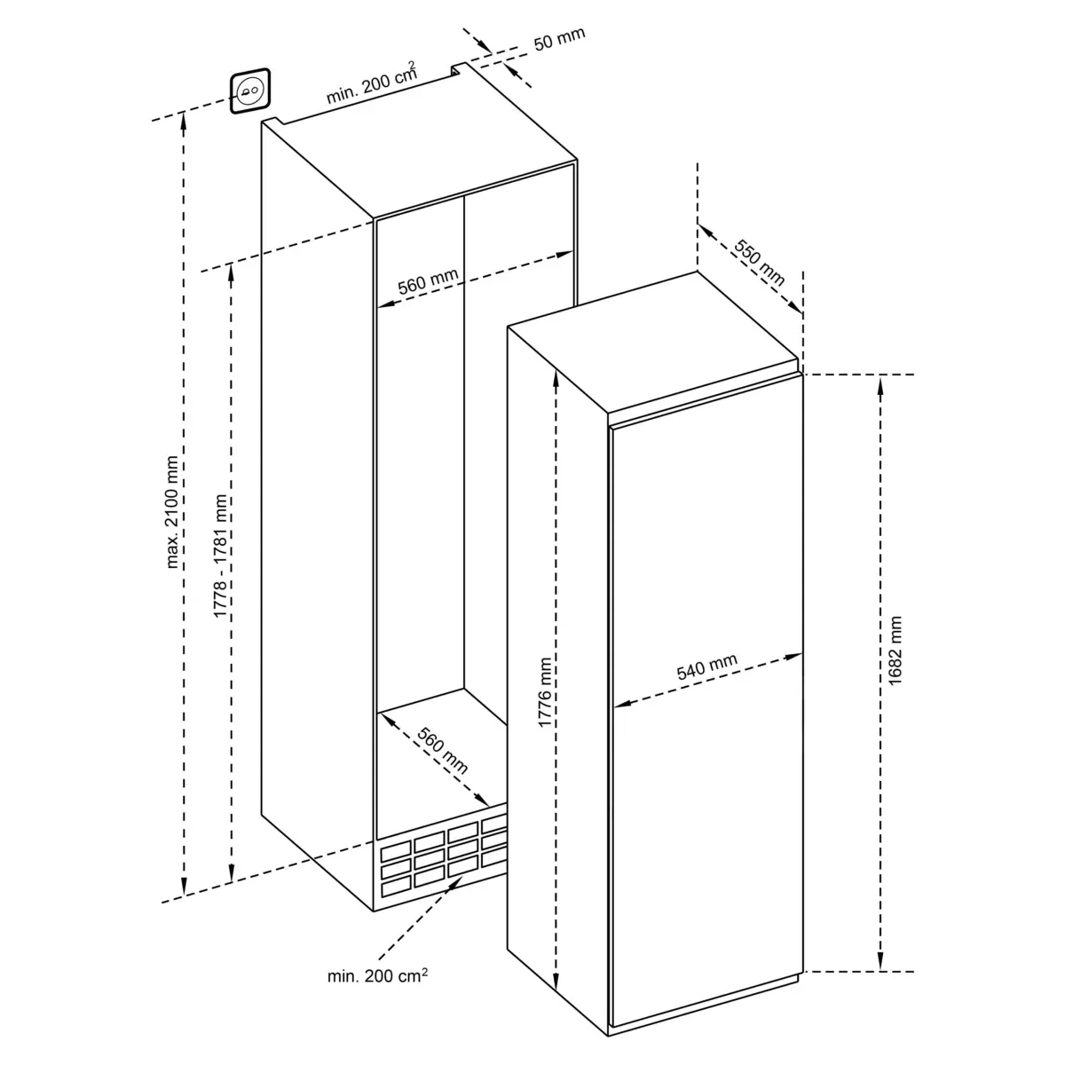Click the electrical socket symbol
coord(249,91)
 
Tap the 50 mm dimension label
coord(559,39)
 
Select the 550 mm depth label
coord(758,263)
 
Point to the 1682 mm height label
coord(895,651)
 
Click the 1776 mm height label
coord(544,692)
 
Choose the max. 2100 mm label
coord(172,512)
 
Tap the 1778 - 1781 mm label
coord(220,556)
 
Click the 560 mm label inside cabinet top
coord(429,281)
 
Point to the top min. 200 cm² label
coord(371,83)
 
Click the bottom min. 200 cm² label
coord(377,975)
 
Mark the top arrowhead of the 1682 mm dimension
coord(880,384)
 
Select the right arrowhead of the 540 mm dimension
coord(793,657)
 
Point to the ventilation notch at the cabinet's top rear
coord(458,69)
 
